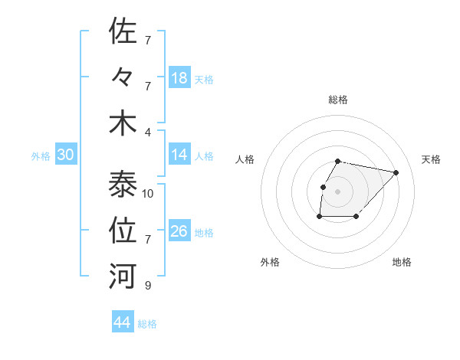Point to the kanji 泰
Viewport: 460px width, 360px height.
(x=123, y=184)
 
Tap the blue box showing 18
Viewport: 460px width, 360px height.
(x=179, y=78)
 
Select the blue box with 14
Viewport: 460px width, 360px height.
(x=179, y=155)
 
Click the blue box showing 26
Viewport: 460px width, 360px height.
(x=179, y=231)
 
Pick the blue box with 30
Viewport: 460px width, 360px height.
(x=65, y=155)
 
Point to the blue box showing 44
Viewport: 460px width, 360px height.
(x=122, y=322)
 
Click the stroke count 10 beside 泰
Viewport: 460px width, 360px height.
(x=148, y=194)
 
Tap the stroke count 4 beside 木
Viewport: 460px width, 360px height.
(x=148, y=132)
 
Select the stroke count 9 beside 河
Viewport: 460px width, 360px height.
(x=148, y=286)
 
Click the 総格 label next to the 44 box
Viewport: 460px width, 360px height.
(x=147, y=324)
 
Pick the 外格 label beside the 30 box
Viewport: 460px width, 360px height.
(x=41, y=156)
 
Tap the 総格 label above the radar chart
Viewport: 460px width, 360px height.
(x=338, y=100)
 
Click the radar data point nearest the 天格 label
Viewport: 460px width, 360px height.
(x=396, y=173)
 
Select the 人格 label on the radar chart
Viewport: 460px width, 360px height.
(x=245, y=159)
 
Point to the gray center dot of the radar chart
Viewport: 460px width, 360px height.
(x=338, y=191)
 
